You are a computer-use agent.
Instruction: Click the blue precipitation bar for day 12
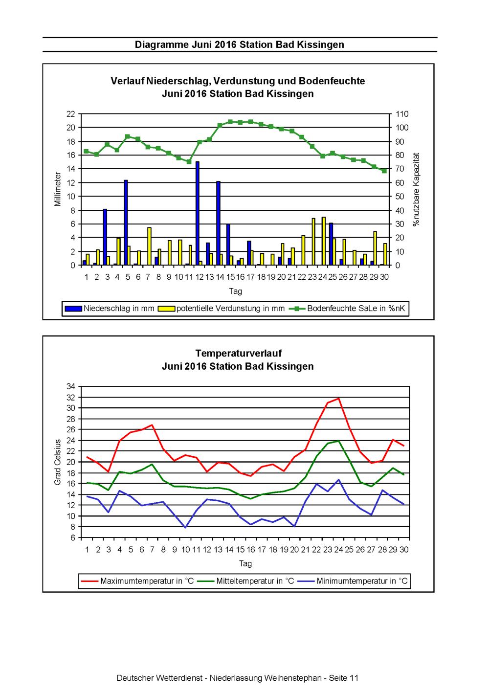pyautogui.click(x=198, y=213)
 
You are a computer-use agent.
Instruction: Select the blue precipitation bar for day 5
pyautogui.click(x=126, y=223)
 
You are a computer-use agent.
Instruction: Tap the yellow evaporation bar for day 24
pyautogui.click(x=323, y=241)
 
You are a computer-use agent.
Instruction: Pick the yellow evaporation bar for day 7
pyautogui.click(x=149, y=246)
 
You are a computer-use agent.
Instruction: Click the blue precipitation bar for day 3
pyautogui.click(x=105, y=237)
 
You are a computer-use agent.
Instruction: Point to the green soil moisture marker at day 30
pyautogui.click(x=384, y=171)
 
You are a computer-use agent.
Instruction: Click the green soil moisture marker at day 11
pyautogui.click(x=189, y=161)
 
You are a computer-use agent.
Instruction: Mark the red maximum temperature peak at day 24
pyautogui.click(x=338, y=398)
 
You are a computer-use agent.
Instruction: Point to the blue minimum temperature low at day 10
pyautogui.click(x=185, y=527)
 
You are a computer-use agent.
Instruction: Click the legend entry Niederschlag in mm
pyautogui.click(x=110, y=308)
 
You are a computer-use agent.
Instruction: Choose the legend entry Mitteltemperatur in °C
pyautogui.click(x=246, y=581)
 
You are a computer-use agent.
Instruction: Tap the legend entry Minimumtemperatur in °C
pyautogui.click(x=353, y=581)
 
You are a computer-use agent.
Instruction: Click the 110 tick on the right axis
pyautogui.click(x=402, y=114)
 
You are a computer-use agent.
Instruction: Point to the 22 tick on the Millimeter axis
pyautogui.click(x=71, y=114)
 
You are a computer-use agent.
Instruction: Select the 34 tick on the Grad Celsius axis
pyautogui.click(x=71, y=386)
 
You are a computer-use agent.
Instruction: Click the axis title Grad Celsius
pyautogui.click(x=57, y=462)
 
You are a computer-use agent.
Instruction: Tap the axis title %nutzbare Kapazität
pyautogui.click(x=416, y=189)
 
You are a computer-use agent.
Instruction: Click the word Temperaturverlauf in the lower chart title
pyautogui.click(x=238, y=353)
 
